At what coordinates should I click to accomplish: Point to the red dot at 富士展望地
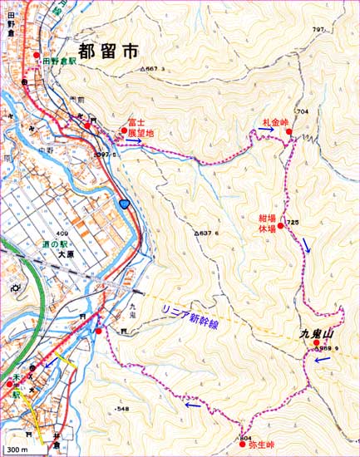[x=124, y=130]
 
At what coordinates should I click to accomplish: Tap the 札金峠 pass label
[x=274, y=122]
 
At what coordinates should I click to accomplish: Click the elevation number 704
[x=302, y=111]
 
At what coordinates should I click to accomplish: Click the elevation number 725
[x=293, y=223]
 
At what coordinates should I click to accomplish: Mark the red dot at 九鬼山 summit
[x=316, y=342]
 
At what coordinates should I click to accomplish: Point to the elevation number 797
[x=318, y=31]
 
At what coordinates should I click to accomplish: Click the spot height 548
[x=123, y=409]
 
